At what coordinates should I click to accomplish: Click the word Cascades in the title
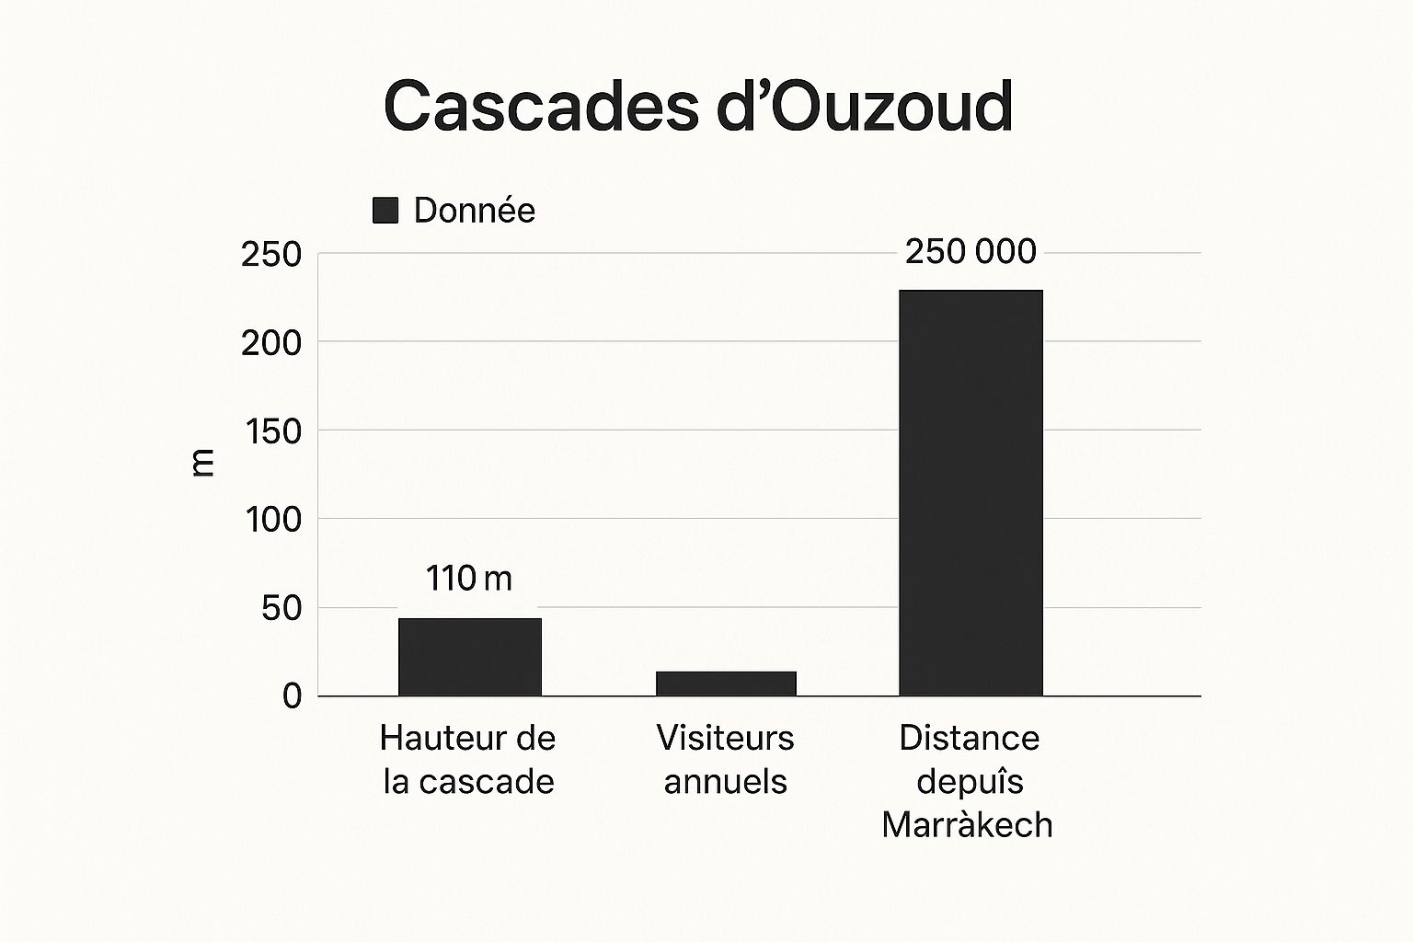click(541, 107)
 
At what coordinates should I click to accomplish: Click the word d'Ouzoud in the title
click(864, 107)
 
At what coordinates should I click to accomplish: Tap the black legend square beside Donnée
click(385, 211)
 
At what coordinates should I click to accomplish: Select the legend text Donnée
click(474, 211)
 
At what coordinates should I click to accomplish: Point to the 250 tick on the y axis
click(271, 255)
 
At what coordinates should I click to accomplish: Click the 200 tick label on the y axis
click(271, 343)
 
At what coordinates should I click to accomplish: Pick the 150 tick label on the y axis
click(273, 431)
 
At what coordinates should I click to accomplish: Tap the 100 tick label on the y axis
click(273, 520)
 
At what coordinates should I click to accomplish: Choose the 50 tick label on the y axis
click(281, 608)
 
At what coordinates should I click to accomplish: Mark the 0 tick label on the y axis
click(292, 696)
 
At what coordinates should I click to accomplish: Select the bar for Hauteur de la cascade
click(470, 657)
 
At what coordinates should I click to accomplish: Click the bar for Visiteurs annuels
click(726, 684)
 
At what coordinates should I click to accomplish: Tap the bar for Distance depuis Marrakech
click(971, 493)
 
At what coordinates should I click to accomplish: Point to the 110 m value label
click(468, 579)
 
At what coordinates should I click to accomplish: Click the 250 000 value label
click(971, 251)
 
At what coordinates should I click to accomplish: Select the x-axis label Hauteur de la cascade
click(468, 760)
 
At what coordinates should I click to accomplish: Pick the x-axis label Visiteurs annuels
click(726, 760)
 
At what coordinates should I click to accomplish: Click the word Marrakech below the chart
click(967, 825)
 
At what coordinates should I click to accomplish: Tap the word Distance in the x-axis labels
click(970, 738)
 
